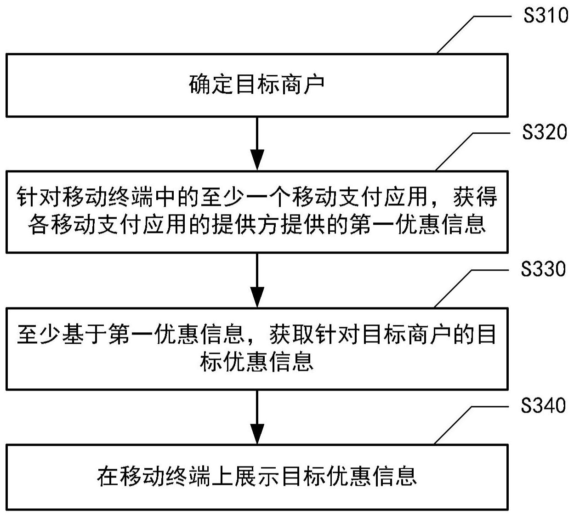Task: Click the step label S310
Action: pos(546,16)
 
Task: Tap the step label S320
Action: pos(545,133)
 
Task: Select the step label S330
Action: pos(543,269)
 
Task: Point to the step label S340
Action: pos(543,406)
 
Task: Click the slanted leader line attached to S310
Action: pos(455,35)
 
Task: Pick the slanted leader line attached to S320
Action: pos(454,152)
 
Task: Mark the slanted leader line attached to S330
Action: pos(453,288)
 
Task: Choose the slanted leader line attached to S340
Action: pos(453,425)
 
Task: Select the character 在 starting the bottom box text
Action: pos(108,476)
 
